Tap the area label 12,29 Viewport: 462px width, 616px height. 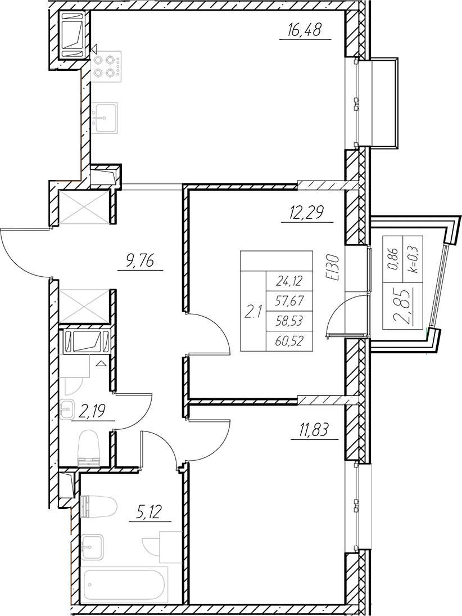(306, 214)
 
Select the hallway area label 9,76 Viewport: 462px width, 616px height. (139, 262)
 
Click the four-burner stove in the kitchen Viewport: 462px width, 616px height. (105, 65)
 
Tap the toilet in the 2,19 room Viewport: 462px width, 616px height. (88, 446)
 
